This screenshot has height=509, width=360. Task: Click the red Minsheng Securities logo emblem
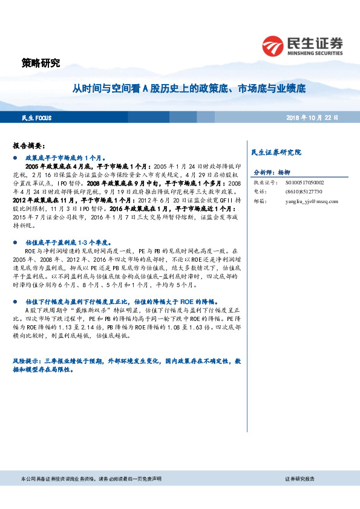click(273, 45)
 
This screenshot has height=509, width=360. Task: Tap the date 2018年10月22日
click(312, 117)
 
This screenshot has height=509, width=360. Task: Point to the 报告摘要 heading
click(29, 146)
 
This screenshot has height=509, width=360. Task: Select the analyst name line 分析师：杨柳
click(272, 172)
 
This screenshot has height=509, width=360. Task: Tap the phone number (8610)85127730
click(296, 192)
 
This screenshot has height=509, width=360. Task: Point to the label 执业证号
click(264, 182)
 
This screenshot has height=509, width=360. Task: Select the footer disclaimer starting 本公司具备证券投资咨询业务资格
click(91, 479)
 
